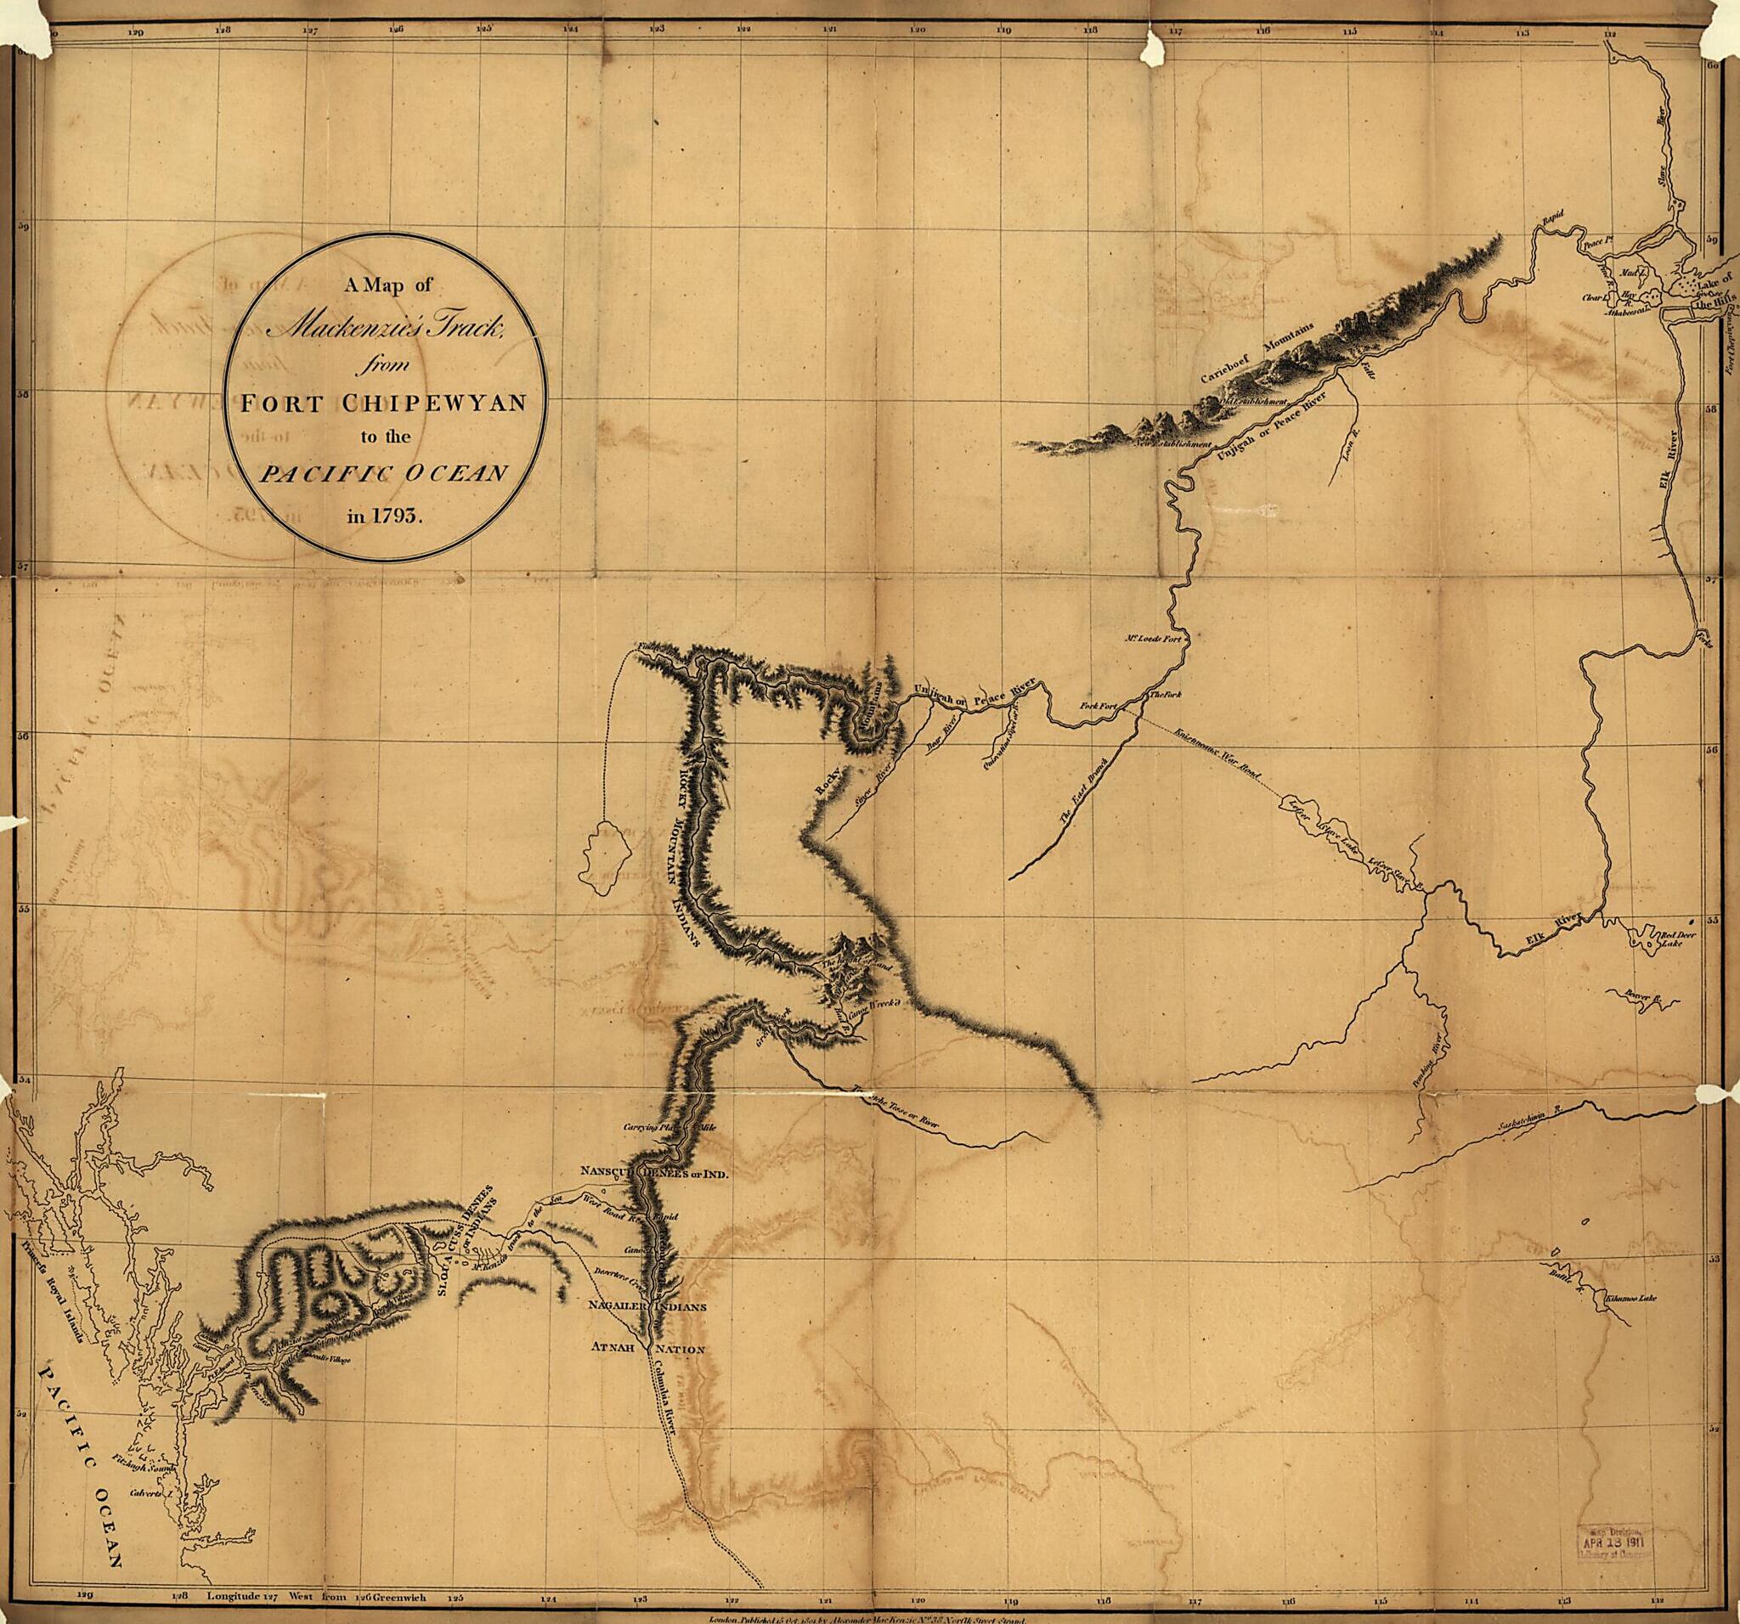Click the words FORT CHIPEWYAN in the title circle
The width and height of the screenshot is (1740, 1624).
(x=384, y=403)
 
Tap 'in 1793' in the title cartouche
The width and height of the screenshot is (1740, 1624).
(x=384, y=515)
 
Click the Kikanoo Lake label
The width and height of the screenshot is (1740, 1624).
(x=1631, y=1299)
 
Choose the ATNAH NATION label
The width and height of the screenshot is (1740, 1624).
(x=647, y=1348)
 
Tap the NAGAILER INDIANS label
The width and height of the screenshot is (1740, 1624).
(x=647, y=1306)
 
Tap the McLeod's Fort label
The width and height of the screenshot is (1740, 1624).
(x=1153, y=639)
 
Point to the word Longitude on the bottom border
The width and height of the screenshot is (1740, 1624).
(x=233, y=1596)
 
